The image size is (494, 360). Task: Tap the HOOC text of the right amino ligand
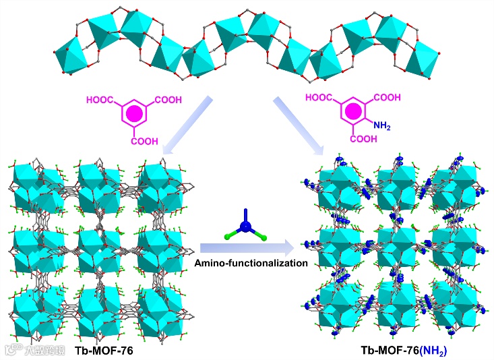(319, 98)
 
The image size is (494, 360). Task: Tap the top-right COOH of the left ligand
(167, 100)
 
